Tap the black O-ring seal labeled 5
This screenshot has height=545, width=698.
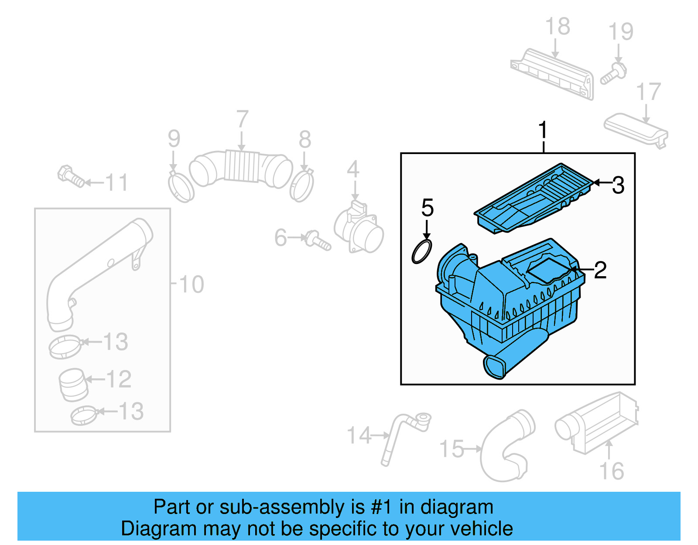[x=422, y=252]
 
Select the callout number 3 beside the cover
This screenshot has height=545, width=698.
[x=618, y=185]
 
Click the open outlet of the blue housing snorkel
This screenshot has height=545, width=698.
[x=494, y=367]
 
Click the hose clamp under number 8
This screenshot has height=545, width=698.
[x=301, y=186]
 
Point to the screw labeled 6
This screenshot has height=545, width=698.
[x=318, y=240]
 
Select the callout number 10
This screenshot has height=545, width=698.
[x=191, y=284]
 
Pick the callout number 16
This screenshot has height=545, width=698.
[x=612, y=471]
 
